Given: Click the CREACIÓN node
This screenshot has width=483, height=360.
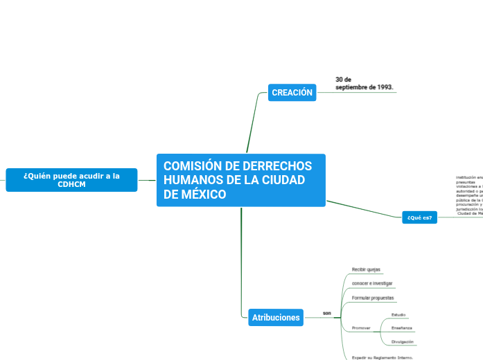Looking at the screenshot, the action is pos(292,93).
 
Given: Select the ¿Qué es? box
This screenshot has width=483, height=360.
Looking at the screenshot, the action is pos(420,218).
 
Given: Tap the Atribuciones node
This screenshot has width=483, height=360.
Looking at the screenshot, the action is pos(276,318).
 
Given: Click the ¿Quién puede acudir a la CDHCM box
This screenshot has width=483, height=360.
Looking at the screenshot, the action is pos(71,180).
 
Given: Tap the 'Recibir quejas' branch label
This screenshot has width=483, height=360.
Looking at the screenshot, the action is pos(366,269).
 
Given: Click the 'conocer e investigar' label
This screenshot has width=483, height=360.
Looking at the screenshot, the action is pos(372,284).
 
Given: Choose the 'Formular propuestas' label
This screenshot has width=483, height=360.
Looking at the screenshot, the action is pos(373,298).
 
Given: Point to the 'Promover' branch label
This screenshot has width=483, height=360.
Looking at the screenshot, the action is pos(361,327).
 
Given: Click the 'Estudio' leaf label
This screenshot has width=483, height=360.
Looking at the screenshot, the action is pos(398,315).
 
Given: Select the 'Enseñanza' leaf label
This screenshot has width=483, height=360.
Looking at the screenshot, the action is pos(402,327).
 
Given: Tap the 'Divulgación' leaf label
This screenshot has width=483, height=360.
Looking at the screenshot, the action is pos(403,342).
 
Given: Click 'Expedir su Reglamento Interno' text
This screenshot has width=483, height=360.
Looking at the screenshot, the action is pos(382,357).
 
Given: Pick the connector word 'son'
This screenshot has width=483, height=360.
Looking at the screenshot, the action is pos(327,314).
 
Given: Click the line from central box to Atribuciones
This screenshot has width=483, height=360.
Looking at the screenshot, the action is pos(241,263).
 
